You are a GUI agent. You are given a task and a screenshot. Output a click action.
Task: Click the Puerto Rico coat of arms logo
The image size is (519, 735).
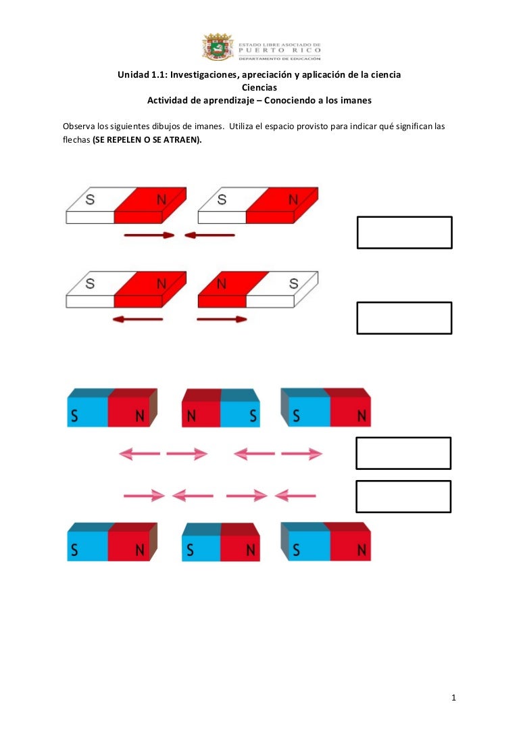click(x=218, y=47)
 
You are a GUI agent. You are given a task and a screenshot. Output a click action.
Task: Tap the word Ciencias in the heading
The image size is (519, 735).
click(x=259, y=88)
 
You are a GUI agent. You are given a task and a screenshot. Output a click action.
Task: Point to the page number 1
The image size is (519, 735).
click(x=453, y=698)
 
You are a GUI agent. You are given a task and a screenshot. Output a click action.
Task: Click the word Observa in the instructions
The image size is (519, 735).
click(x=78, y=126)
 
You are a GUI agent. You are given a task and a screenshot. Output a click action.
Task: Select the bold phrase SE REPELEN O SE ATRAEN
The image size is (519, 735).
click(x=147, y=140)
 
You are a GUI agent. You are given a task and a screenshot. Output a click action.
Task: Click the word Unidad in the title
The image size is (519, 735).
click(x=132, y=74)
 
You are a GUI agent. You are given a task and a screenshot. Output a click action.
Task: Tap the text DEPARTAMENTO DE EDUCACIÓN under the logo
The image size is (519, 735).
click(x=280, y=59)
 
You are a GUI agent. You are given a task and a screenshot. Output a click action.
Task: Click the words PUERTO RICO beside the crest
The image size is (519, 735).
click(x=280, y=50)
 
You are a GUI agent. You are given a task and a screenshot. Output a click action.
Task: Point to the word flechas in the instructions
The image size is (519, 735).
click(x=76, y=140)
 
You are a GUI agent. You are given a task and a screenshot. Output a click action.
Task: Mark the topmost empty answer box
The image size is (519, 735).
click(x=405, y=233)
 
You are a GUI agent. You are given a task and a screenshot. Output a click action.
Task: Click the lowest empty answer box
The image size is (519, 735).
click(x=403, y=496)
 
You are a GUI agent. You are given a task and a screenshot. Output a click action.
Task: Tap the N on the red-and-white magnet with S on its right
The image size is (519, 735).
click(x=222, y=283)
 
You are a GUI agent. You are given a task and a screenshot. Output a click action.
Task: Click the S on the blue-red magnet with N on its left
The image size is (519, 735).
click(x=253, y=416)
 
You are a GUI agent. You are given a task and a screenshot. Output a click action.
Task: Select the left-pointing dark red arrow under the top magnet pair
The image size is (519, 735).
click(x=209, y=235)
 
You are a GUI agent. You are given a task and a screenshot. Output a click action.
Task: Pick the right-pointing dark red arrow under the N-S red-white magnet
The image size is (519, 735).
click(x=222, y=319)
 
